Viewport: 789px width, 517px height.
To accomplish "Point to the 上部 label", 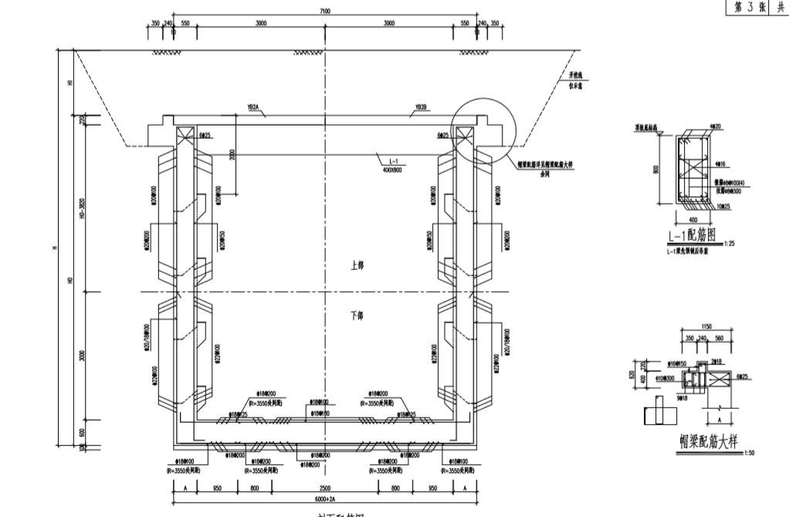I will [356, 265].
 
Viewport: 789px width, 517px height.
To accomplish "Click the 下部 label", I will [356, 316].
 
